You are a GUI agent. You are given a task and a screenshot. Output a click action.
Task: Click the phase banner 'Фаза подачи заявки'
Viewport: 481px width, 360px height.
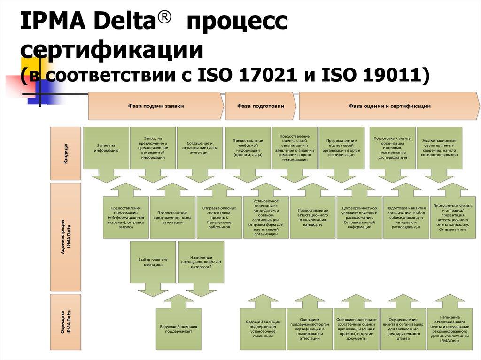[155, 106]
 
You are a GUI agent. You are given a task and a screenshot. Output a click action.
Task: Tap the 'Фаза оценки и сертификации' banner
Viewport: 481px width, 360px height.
[389, 106]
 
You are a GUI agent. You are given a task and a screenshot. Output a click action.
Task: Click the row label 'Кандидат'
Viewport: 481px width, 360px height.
[65, 153]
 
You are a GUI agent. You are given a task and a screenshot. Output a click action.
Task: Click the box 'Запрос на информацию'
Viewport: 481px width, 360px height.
[106, 148]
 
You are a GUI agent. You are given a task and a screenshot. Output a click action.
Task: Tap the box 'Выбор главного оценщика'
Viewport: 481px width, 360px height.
[153, 262]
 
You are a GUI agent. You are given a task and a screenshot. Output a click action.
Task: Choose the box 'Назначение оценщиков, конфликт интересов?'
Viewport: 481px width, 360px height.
[201, 262]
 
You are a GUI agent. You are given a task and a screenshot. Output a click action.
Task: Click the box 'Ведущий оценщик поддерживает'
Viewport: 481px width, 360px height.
[178, 329]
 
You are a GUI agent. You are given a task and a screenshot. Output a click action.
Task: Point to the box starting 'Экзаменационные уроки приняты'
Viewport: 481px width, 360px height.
[439, 148]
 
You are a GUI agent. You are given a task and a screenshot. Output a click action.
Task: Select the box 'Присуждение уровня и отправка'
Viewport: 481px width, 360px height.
[453, 217]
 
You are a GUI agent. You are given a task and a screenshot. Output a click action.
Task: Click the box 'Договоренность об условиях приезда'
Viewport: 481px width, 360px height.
[359, 217]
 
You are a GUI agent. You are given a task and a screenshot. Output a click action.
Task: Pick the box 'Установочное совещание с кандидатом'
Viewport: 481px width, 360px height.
[265, 217]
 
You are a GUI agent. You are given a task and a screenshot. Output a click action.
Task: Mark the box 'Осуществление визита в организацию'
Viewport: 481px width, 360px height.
[403, 329]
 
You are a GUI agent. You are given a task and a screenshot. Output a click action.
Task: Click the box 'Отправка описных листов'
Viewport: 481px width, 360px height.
[219, 217]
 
